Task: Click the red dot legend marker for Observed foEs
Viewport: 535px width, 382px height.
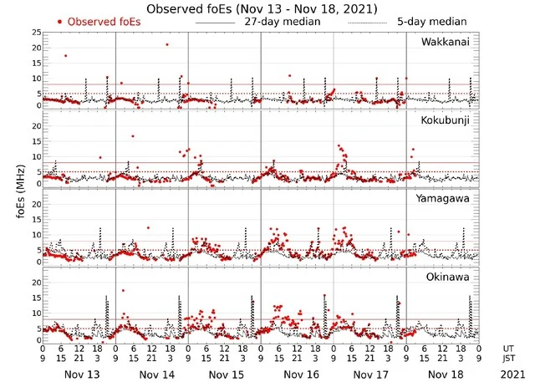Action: (x=59, y=21)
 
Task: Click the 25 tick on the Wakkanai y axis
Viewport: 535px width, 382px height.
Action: (x=35, y=32)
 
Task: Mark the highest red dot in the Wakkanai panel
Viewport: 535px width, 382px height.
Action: (x=167, y=44)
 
